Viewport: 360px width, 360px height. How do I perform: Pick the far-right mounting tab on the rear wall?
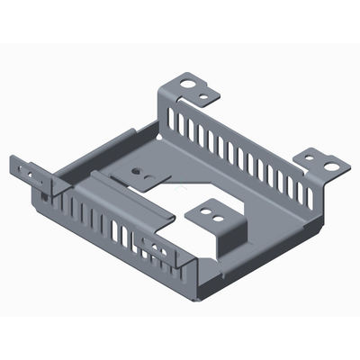coord(324,162)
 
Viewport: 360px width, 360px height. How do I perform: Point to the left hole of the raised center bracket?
coord(206,213)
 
